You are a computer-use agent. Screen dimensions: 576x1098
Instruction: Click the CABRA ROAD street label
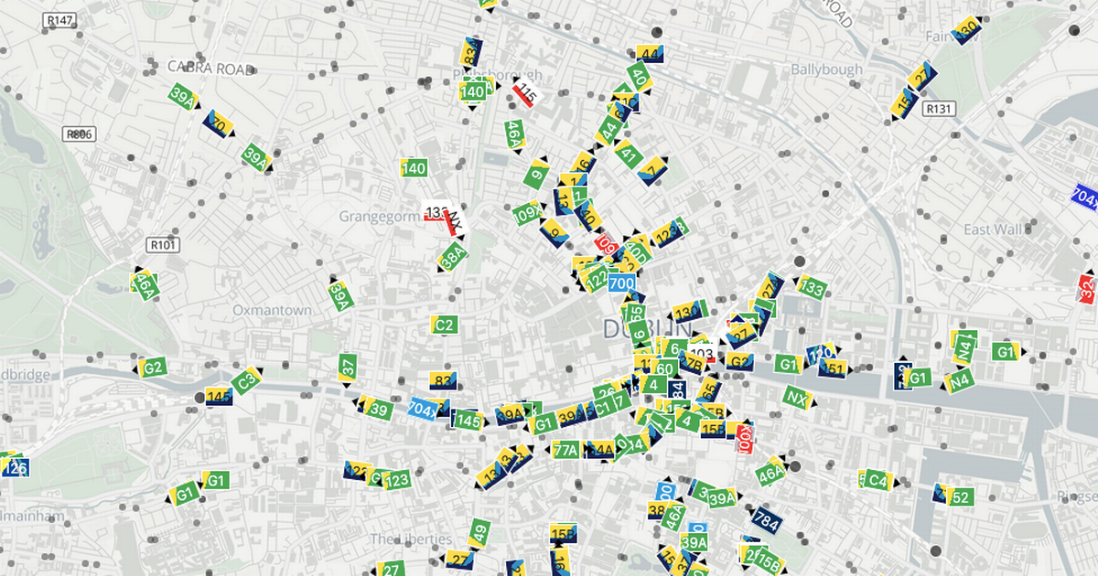coord(210,68)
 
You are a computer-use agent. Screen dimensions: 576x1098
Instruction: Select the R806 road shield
coord(80,133)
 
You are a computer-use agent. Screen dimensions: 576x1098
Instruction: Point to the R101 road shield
coord(164,244)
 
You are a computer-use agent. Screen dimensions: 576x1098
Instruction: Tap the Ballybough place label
coord(826,69)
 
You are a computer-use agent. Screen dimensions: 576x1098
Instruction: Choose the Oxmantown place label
coord(272,310)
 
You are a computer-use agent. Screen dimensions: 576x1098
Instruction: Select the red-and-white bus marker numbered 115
coord(525,92)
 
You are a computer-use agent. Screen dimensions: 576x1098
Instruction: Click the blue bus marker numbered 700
coord(621,283)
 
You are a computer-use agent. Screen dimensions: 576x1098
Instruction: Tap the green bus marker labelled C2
coord(445,325)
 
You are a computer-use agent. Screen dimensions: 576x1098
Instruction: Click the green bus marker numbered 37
coord(348,368)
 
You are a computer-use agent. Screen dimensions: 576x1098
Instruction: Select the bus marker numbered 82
coord(443,381)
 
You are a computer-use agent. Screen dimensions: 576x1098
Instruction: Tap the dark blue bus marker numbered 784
coord(766,520)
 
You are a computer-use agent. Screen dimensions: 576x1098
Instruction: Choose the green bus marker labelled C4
coord(877,480)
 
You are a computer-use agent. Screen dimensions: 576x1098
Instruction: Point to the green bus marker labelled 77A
coord(566,449)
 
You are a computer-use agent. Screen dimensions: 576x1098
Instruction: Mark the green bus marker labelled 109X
coord(526,214)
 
